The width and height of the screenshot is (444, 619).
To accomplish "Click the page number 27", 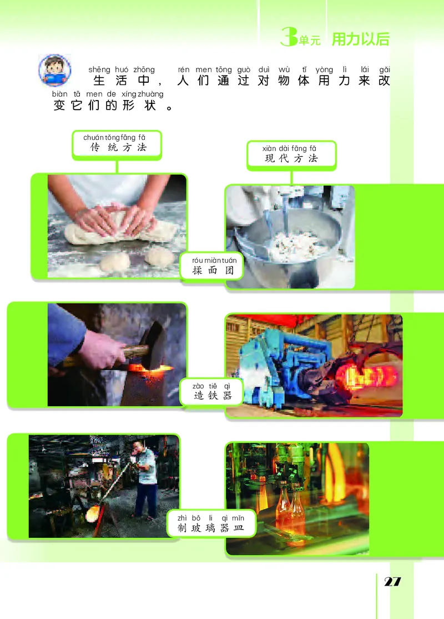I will (x=392, y=582).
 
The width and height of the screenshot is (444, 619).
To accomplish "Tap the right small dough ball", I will (x=159, y=256).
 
